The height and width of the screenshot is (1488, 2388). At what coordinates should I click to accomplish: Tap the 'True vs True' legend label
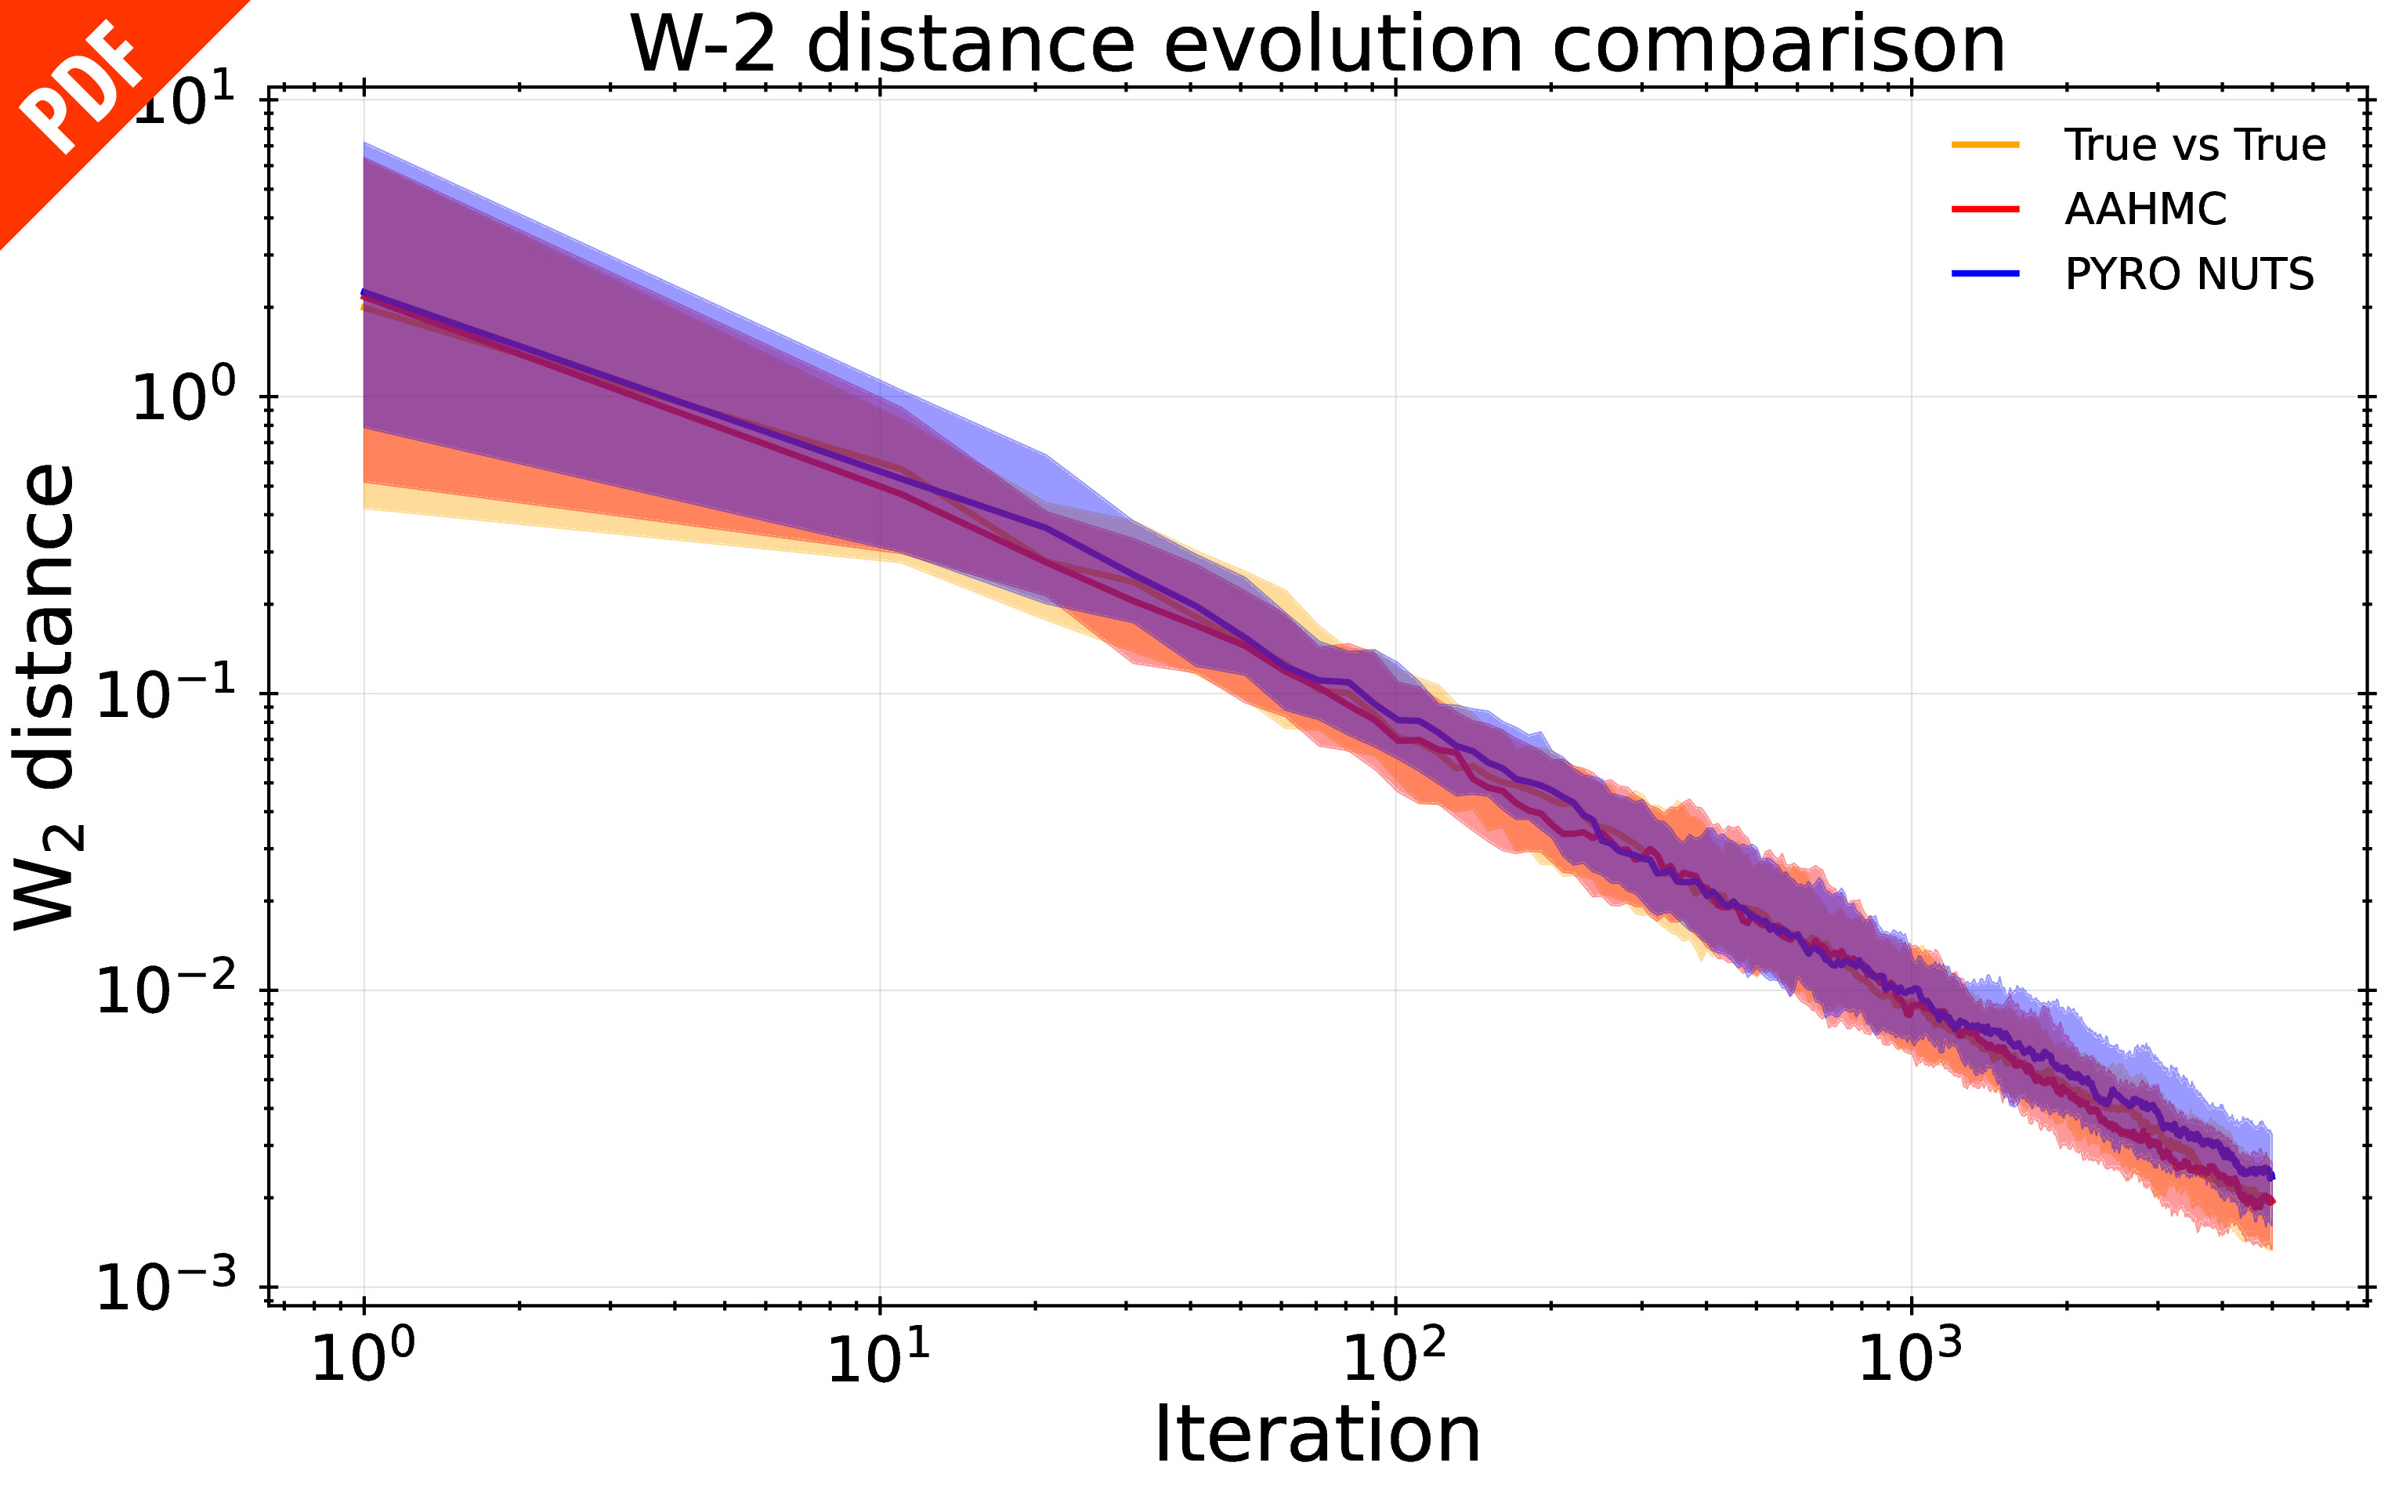pyautogui.click(x=2194, y=145)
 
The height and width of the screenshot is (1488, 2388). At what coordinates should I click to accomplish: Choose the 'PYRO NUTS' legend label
pyautogui.click(x=2189, y=273)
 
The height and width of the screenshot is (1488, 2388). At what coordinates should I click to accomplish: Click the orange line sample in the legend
pyautogui.click(x=1985, y=145)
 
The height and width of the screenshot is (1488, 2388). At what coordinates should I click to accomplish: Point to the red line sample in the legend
pyautogui.click(x=1985, y=208)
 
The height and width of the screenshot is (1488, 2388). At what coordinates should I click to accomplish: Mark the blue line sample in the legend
pyautogui.click(x=1985, y=273)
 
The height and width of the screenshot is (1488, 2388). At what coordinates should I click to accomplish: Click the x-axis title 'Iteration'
pyautogui.click(x=1316, y=1435)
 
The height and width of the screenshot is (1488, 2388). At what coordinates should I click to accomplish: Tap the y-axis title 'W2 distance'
pyautogui.click(x=45, y=697)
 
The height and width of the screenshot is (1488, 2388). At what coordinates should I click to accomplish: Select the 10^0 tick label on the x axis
pyautogui.click(x=363, y=1359)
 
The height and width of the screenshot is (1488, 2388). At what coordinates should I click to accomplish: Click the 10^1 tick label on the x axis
pyautogui.click(x=878, y=1359)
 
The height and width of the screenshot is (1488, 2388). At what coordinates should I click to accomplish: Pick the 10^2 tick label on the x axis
pyautogui.click(x=1395, y=1359)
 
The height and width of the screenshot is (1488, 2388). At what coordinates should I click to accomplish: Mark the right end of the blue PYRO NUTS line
pyautogui.click(x=2271, y=1175)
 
